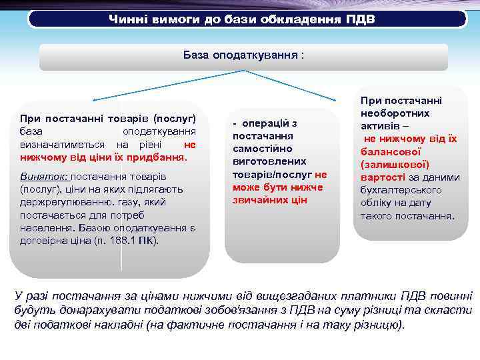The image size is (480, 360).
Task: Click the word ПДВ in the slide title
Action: tap(360, 19)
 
